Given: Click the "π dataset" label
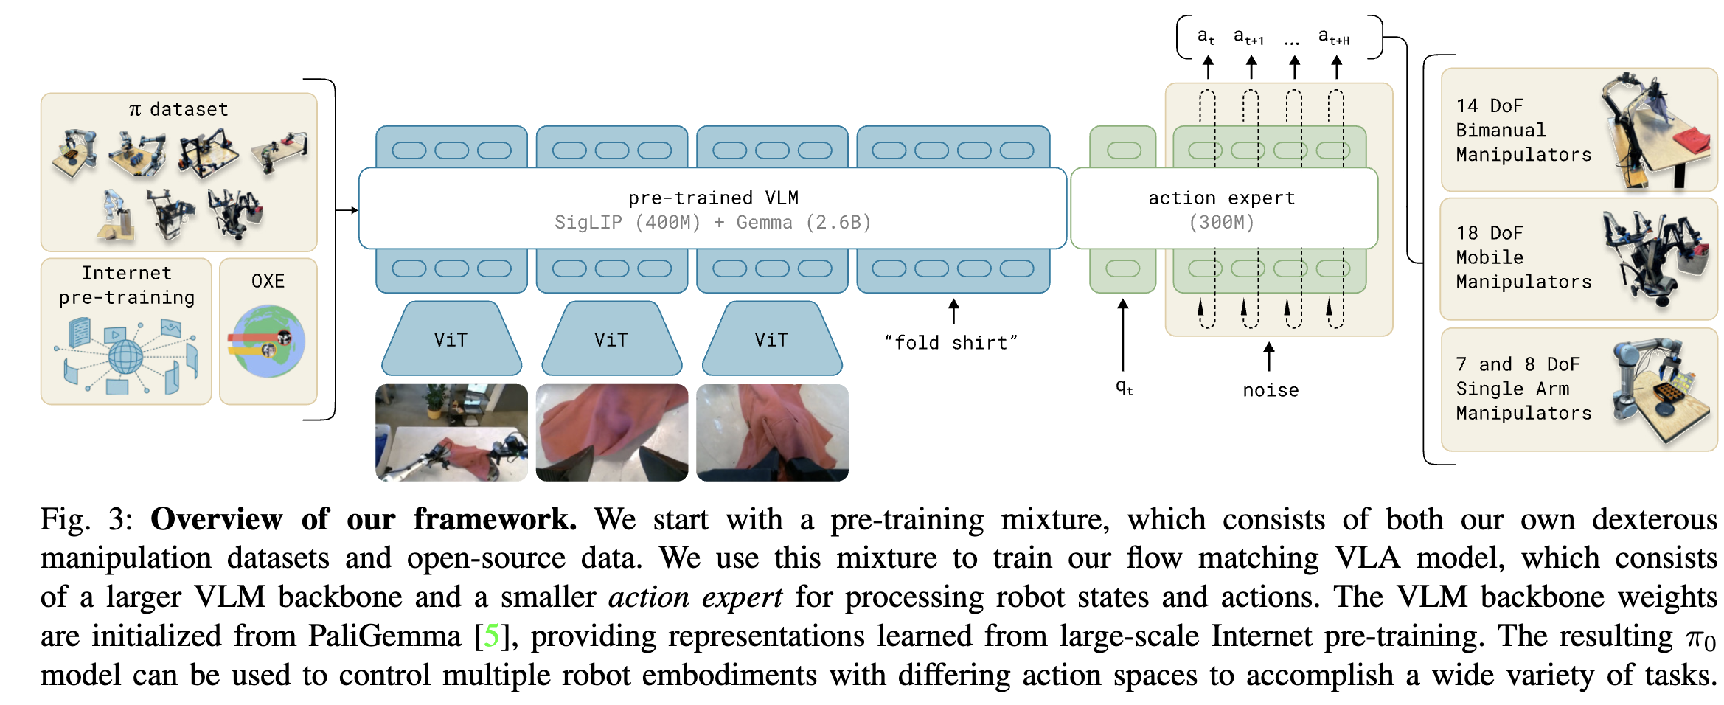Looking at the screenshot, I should click(x=178, y=109).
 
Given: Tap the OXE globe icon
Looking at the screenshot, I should click(x=267, y=341).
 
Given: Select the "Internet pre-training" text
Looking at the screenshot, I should click(x=127, y=285).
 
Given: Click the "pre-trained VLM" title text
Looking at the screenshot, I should click(x=713, y=198).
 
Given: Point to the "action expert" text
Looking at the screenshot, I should click(x=1221, y=198).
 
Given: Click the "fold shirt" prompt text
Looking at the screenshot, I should click(x=951, y=342).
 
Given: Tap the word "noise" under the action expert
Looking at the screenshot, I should click(x=1271, y=390).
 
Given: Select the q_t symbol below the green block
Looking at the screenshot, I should click(x=1124, y=387).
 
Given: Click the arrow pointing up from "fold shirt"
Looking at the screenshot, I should click(x=953, y=311).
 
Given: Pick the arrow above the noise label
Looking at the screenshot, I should click(x=1269, y=356).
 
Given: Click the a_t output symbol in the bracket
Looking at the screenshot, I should click(x=1206, y=36).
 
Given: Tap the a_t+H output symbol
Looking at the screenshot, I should click(x=1333, y=36).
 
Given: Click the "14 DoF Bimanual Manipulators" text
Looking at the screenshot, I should click(x=1523, y=130).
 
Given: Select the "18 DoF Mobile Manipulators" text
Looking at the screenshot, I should click(x=1523, y=257).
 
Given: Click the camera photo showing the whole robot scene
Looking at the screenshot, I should click(x=451, y=433).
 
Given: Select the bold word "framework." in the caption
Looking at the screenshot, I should click(x=495, y=520).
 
